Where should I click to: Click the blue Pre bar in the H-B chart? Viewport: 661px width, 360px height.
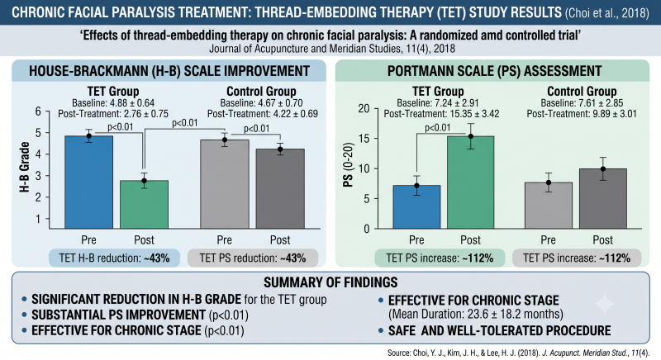(x=89, y=182)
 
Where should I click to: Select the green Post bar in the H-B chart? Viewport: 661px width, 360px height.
(x=144, y=205)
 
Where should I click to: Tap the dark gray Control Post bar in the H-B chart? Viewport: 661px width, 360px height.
(x=280, y=188)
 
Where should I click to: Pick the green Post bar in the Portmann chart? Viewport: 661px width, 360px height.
(x=470, y=182)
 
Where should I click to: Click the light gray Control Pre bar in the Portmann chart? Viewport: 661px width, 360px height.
(x=548, y=206)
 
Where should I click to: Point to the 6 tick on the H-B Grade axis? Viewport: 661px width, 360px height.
(x=38, y=111)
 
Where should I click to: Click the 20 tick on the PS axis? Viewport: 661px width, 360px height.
(x=364, y=109)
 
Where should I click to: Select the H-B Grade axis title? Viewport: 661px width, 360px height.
(x=25, y=168)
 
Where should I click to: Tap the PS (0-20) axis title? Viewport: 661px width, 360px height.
(x=348, y=164)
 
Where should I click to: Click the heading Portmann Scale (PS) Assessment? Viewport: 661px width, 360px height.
(x=494, y=71)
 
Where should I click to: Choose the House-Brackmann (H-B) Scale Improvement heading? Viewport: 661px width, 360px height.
(x=169, y=71)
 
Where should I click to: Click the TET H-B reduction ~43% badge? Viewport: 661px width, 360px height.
(x=114, y=258)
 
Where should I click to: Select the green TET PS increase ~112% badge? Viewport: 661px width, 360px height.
(x=440, y=258)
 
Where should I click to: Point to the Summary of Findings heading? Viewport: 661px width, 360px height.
(x=330, y=282)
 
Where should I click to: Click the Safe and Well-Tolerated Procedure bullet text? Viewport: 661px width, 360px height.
(x=500, y=330)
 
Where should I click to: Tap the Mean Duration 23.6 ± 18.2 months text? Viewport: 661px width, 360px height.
(x=476, y=314)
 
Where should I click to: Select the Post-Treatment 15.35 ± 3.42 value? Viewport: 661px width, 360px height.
(x=441, y=114)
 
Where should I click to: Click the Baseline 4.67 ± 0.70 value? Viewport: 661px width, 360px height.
(x=261, y=103)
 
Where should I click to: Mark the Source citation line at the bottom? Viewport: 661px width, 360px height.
(x=518, y=353)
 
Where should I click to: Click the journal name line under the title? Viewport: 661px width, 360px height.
(x=332, y=49)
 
